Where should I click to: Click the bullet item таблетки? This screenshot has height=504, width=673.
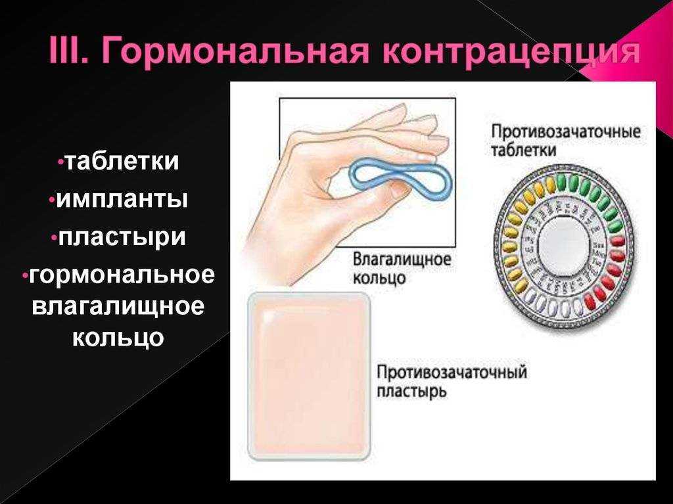[122, 162]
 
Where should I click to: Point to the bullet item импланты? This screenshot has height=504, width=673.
[122, 200]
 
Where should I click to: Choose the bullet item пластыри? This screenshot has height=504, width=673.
[122, 238]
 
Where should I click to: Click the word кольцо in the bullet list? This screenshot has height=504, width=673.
[118, 338]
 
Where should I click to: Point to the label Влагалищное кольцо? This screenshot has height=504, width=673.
[402, 269]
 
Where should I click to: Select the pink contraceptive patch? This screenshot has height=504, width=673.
[309, 376]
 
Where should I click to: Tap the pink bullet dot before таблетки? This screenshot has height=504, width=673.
[60, 162]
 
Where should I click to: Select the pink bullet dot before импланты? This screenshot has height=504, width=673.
[53, 200]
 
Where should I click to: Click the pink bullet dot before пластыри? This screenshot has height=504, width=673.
[54, 238]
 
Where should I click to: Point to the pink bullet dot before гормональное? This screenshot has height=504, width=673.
[25, 275]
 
